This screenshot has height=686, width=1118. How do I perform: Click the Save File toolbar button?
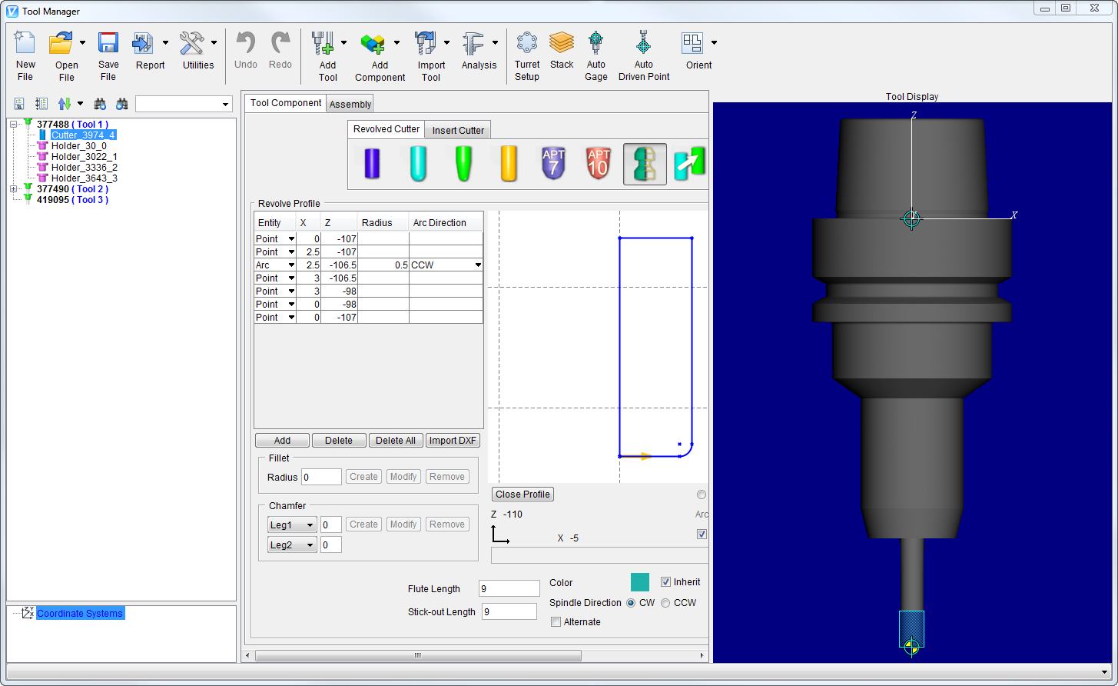[108, 55]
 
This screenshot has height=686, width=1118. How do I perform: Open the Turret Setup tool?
[527, 55]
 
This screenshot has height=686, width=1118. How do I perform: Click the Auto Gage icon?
[595, 55]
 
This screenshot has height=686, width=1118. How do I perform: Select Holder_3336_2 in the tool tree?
[84, 167]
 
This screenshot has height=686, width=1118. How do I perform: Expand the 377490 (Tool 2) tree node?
[14, 189]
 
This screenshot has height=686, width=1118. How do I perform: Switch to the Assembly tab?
[350, 105]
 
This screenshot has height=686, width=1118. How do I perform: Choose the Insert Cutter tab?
[458, 130]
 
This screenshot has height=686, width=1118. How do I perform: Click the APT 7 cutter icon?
[553, 164]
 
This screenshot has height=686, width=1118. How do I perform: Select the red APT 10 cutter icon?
[598, 164]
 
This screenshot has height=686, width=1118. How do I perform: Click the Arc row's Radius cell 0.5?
[383, 265]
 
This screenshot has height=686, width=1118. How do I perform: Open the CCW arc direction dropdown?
[478, 265]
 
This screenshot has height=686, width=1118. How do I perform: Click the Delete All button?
[396, 441]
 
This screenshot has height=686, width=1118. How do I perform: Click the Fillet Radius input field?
[321, 477]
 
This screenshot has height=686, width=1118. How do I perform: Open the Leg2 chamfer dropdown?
[292, 545]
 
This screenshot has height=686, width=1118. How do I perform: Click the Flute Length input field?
[509, 589]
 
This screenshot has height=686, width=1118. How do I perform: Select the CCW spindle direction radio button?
[665, 603]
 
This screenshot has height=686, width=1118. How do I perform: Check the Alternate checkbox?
[556, 622]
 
